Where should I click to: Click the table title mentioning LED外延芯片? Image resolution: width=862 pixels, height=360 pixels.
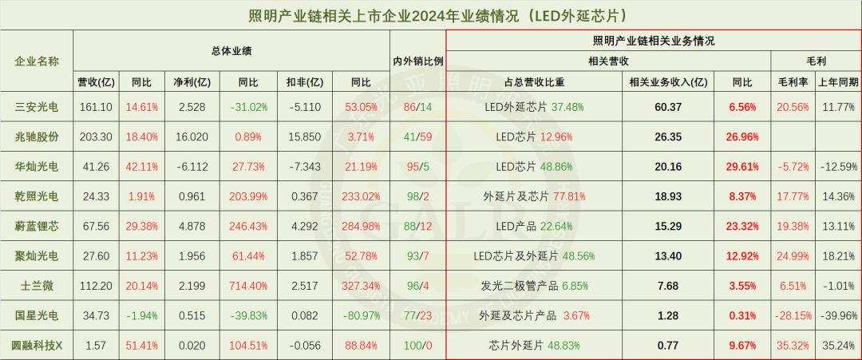coord(431,15)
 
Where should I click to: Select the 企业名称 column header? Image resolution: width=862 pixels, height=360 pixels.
coord(37,61)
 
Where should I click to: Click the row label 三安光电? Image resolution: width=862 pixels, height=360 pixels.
coord(37,106)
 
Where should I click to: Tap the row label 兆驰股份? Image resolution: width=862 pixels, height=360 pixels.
coord(37,136)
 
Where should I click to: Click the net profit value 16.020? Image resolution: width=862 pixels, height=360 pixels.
coord(191,136)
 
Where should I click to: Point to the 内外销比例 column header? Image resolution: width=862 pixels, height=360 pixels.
coord(417,61)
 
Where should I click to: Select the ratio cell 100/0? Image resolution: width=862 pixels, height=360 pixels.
coord(417,345)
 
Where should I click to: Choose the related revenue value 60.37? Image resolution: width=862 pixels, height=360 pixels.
coord(667,106)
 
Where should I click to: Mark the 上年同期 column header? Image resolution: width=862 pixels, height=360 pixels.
coord(837,81)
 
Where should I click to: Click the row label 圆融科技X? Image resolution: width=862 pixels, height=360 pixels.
coord(37,345)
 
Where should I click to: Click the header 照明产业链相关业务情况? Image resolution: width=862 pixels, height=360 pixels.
coord(653,40)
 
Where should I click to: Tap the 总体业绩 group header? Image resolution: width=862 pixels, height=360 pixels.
coord(231,49)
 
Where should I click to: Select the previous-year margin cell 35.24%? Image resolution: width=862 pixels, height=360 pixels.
coord(837,345)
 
